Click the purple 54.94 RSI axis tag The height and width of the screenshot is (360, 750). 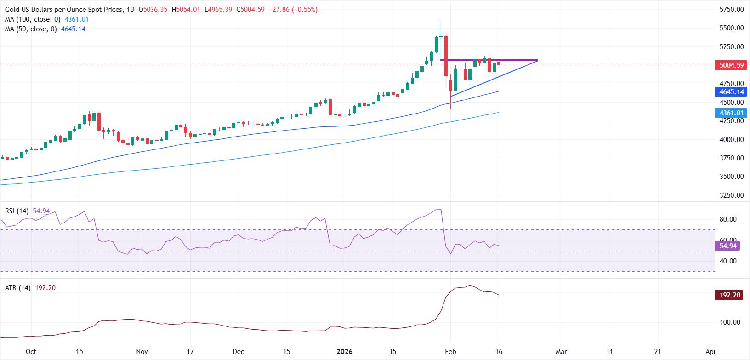coord(729,246)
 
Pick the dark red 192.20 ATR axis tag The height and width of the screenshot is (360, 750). coord(729,295)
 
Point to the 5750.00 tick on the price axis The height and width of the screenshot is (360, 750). coord(732,9)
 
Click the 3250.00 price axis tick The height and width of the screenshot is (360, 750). coord(732,195)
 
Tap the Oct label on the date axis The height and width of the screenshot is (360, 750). coord(31,352)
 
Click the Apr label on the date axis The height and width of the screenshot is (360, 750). coord(710,352)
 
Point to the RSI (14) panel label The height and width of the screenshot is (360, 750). coord(17,211)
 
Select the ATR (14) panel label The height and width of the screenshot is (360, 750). coord(17,288)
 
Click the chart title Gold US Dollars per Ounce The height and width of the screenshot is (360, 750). coord(64,10)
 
